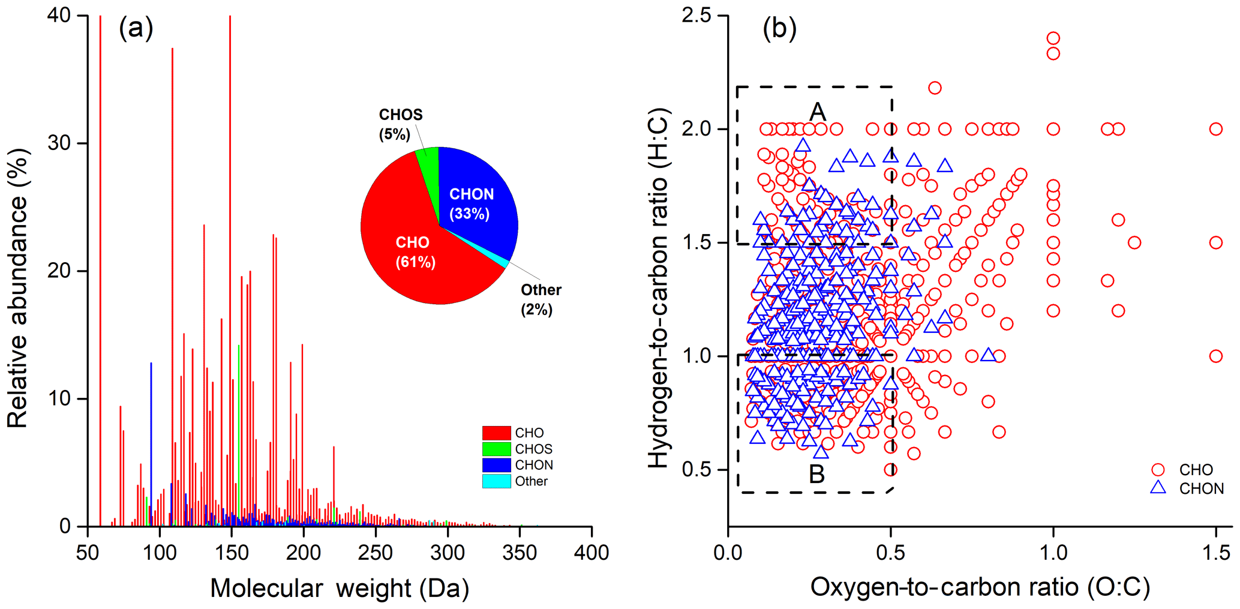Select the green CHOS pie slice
pyautogui.click(x=428, y=159)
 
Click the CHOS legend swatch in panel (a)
pyautogui.click(x=496, y=449)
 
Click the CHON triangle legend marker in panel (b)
pyautogui.click(x=1158, y=487)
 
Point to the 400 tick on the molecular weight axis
pyautogui.click(x=592, y=553)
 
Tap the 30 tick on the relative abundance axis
pyautogui.click(x=59, y=143)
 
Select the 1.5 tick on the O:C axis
pyautogui.click(x=1216, y=553)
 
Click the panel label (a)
pyautogui.click(x=136, y=28)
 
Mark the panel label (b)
pyautogui.click(x=779, y=28)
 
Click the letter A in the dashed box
pyautogui.click(x=818, y=112)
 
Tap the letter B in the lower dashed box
pyautogui.click(x=816, y=474)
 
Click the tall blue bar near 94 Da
pyautogui.click(x=151, y=444)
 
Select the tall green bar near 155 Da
pyautogui.click(x=239, y=432)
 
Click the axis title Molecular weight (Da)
pyautogui.click(x=340, y=589)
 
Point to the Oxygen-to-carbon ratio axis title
pyautogui.click(x=980, y=587)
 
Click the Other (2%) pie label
pyautogui.click(x=540, y=299)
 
